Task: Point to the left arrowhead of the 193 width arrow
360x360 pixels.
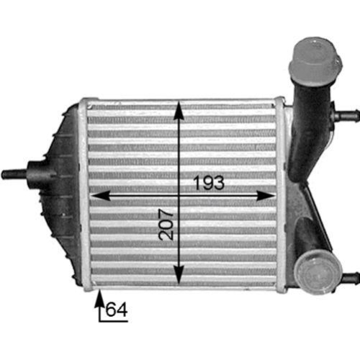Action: click(96, 194)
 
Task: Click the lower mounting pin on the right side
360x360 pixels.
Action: click(348, 277)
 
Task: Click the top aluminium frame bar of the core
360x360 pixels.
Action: click(180, 102)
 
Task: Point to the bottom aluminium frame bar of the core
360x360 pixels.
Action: click(180, 285)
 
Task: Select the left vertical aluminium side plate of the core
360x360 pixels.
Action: click(85, 194)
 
